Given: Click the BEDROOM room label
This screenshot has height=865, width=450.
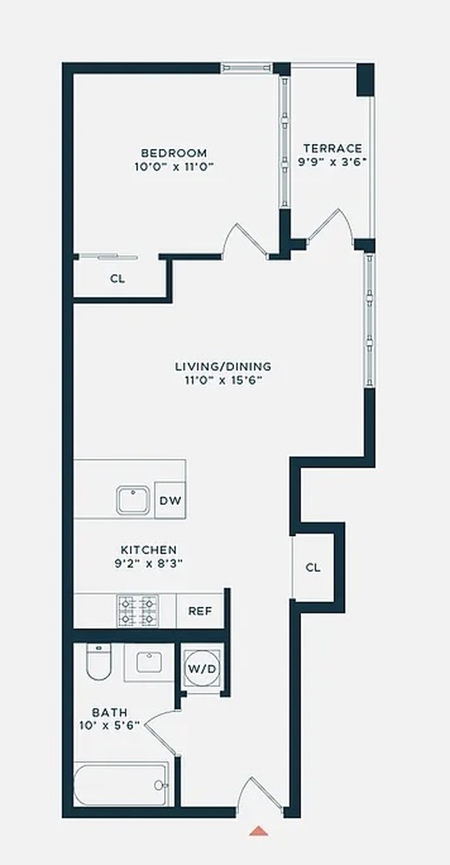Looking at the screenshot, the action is click(174, 153).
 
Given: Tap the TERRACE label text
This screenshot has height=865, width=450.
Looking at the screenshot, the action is click(333, 148).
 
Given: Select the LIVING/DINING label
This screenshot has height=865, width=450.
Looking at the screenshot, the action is click(223, 366).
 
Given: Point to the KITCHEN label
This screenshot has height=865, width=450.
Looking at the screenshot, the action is click(149, 550).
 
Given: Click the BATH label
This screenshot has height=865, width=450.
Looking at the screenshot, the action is click(109, 712).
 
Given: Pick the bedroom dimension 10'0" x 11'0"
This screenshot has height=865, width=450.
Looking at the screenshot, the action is click(174, 166).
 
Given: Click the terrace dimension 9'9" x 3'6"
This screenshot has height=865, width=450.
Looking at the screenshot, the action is click(333, 162).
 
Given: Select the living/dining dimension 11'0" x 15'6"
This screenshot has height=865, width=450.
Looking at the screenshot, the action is click(223, 380).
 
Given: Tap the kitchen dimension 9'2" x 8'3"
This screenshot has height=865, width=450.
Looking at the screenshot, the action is click(149, 565).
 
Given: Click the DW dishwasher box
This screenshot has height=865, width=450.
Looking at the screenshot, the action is click(170, 500).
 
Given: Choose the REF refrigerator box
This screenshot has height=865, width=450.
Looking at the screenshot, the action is click(200, 611).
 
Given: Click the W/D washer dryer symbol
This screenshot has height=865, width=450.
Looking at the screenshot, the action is click(202, 669).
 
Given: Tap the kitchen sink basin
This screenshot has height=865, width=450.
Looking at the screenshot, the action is click(133, 499).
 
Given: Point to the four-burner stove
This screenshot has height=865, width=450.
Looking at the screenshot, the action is click(137, 611).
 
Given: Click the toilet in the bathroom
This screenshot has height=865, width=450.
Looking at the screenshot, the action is click(99, 661).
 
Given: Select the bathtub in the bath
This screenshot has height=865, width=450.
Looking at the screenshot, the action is click(121, 785).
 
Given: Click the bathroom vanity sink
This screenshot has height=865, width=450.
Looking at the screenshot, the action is click(149, 662).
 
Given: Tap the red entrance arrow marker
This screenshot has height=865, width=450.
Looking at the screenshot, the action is click(258, 831).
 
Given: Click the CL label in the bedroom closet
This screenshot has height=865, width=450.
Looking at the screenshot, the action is click(117, 279).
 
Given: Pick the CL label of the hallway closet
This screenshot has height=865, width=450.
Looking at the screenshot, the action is click(313, 568).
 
